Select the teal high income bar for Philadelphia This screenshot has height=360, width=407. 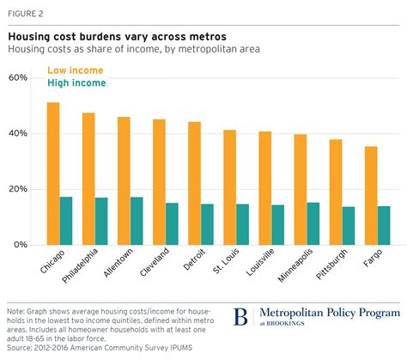tap(102, 221)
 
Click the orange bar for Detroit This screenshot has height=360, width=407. tap(195, 183)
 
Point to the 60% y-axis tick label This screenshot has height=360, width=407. tap(19, 78)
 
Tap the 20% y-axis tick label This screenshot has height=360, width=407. tap(19, 189)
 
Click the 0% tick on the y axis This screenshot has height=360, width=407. tap(21, 245)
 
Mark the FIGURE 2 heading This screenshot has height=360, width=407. tap(28, 12)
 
